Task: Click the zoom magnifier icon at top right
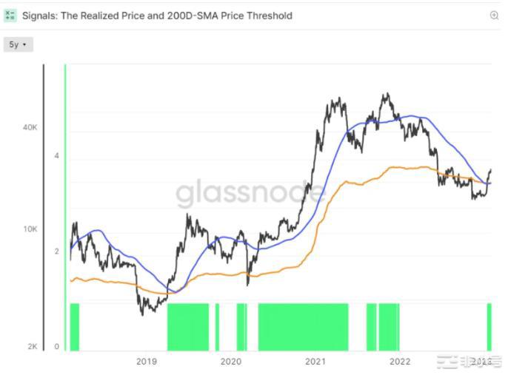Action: pos(494,16)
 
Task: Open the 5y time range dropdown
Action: pos(18,45)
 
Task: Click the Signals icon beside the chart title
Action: pos(10,16)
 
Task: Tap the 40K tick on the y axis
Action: pos(30,127)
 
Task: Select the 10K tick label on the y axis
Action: pos(30,229)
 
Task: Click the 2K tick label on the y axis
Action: pos(33,346)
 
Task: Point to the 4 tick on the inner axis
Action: pos(56,156)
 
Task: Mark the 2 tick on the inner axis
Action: pos(56,251)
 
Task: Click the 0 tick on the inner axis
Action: pos(56,346)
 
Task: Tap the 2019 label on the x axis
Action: pos(147,362)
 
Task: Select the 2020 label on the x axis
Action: pos(231,362)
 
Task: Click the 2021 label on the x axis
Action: pos(315,362)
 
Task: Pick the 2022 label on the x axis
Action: pos(400,362)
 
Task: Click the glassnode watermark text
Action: pos(250,194)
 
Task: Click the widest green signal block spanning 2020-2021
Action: pos(303,326)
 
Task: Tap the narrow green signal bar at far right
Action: pos(489,326)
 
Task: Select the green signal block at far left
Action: pos(74,326)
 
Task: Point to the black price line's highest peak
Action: pos(385,95)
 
